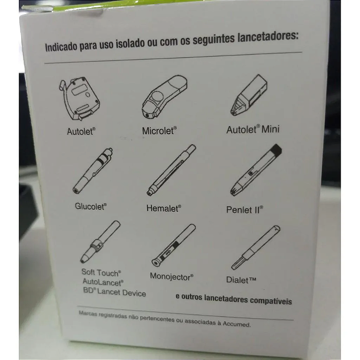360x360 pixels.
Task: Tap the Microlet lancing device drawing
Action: pyautogui.click(x=164, y=96)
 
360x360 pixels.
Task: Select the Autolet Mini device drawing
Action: pyautogui.click(x=249, y=95)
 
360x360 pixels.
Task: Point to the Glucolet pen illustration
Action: pyautogui.click(x=93, y=171)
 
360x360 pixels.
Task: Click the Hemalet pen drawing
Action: pyautogui.click(x=171, y=170)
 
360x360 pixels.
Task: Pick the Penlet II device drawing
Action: pyautogui.click(x=256, y=170)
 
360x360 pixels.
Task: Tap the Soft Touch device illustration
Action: pyautogui.click(x=100, y=242)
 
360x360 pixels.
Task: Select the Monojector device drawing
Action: pyautogui.click(x=174, y=245)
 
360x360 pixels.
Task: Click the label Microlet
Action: pyautogui.click(x=159, y=131)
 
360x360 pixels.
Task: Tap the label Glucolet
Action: pyautogui.click(x=91, y=206)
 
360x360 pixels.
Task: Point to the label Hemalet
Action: pyautogui.click(x=164, y=208)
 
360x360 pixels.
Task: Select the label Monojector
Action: pyautogui.click(x=171, y=277)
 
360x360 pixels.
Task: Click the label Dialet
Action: pyautogui.click(x=241, y=280)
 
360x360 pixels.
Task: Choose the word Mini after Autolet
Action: pyautogui.click(x=270, y=129)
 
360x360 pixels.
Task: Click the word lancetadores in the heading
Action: pyautogui.click(x=268, y=37)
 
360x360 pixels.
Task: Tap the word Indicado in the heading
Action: pyautogui.click(x=61, y=47)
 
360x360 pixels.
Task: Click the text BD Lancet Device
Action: pyautogui.click(x=114, y=292)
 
